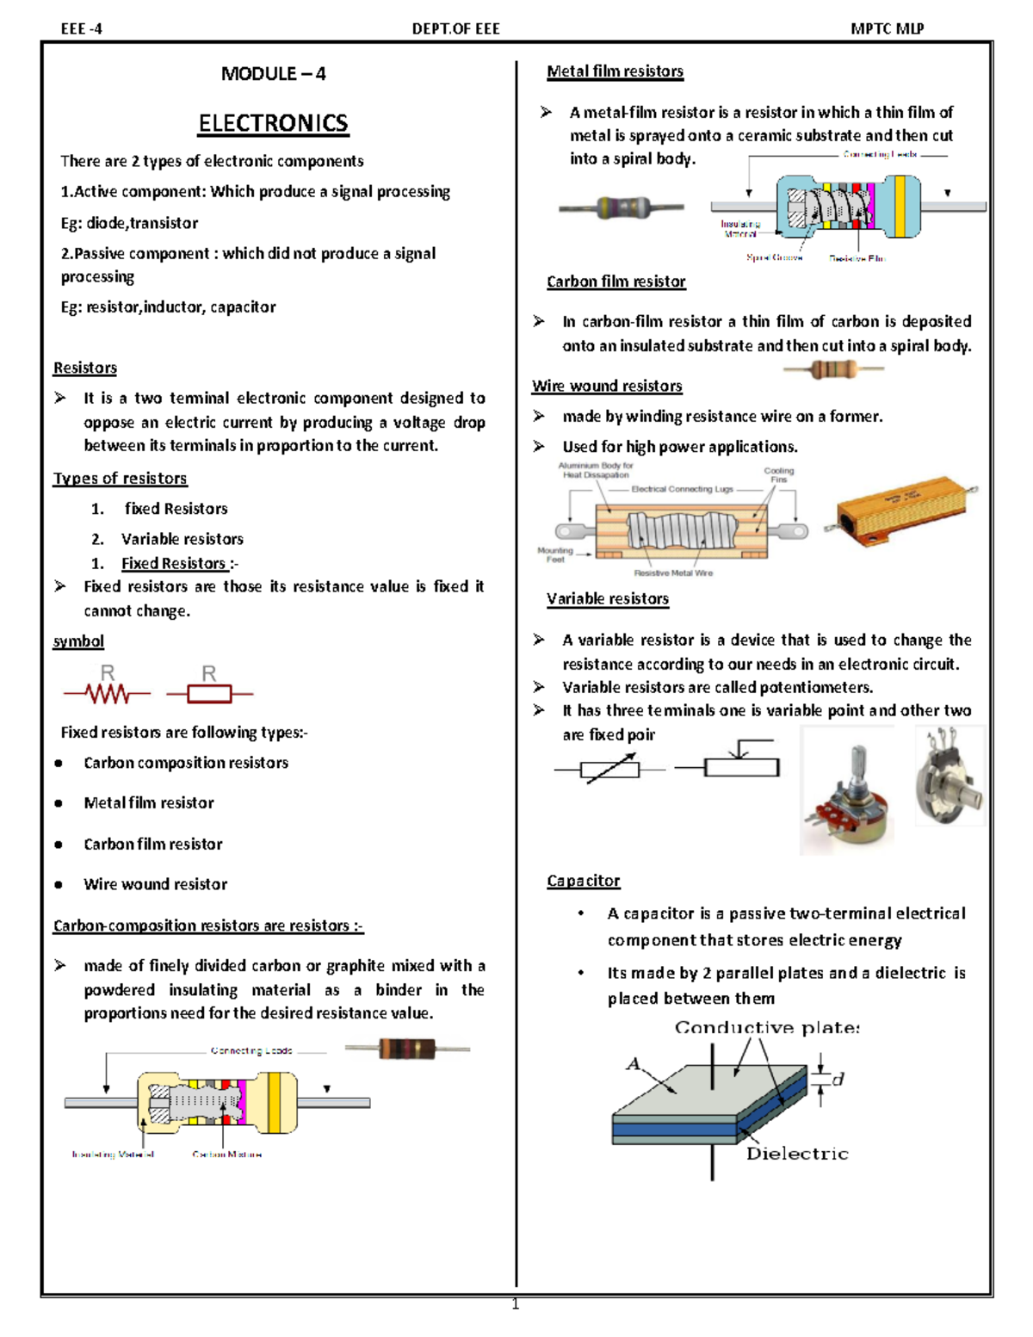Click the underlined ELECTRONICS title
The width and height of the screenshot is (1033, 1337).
tap(273, 123)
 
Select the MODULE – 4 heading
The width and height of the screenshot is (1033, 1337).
tap(273, 74)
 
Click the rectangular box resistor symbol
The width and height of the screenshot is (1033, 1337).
tap(210, 692)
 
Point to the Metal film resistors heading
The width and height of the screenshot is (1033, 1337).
tap(615, 71)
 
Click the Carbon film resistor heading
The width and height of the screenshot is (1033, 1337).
tap(615, 282)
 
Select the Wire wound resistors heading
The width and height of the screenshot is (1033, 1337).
tap(607, 386)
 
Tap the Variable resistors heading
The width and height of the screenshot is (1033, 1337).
tap(607, 598)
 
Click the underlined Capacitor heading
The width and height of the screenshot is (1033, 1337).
tap(583, 881)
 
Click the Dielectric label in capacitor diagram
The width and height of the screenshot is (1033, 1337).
tap(796, 1154)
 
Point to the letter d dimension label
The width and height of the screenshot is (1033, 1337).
tap(838, 1078)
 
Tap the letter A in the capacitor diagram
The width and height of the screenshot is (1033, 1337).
tap(634, 1064)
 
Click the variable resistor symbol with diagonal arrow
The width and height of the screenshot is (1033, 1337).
tap(609, 768)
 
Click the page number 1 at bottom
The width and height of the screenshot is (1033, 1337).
tap(516, 1304)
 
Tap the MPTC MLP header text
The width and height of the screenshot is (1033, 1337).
tap(887, 28)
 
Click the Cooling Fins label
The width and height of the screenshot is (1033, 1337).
tap(779, 475)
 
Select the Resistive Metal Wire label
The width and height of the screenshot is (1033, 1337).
tap(673, 573)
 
